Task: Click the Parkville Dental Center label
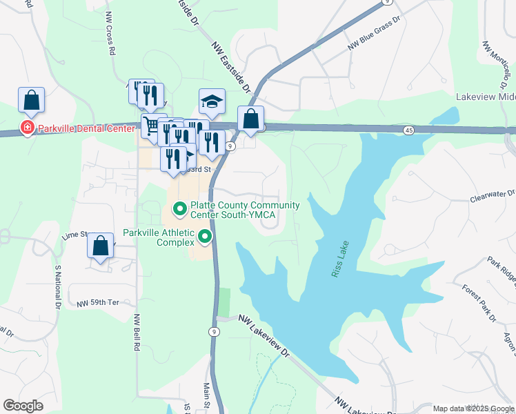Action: (x=86, y=128)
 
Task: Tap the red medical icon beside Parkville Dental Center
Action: (x=27, y=128)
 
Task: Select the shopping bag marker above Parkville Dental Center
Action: (x=32, y=101)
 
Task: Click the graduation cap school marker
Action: (x=212, y=103)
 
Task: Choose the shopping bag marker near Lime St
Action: (x=101, y=246)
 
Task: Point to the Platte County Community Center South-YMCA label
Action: (x=245, y=210)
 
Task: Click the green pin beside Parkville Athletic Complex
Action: (x=205, y=237)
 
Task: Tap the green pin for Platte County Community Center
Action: (x=179, y=208)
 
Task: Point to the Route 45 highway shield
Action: (x=409, y=130)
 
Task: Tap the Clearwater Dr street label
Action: (x=493, y=195)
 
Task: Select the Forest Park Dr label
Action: (x=479, y=303)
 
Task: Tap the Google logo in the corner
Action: (x=23, y=406)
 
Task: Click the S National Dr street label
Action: (x=57, y=290)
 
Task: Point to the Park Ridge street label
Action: (x=501, y=270)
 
